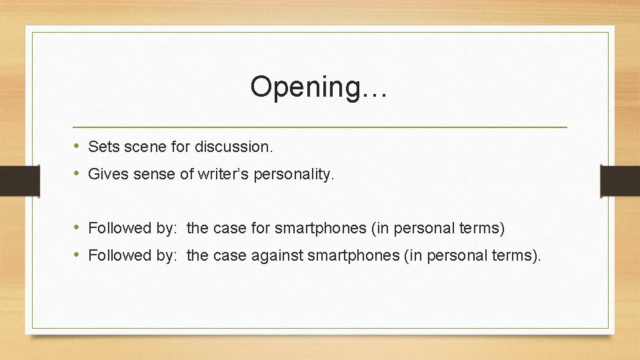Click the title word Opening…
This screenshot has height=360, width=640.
tap(319, 87)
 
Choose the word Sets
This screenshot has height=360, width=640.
tap(101, 146)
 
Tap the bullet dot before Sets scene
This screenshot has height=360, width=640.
tap(77, 146)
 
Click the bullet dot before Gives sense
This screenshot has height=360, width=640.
tap(77, 175)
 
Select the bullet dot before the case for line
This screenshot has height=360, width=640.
tap(77, 228)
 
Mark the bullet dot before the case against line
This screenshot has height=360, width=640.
tap(77, 255)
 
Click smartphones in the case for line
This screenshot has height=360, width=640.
tap(320, 228)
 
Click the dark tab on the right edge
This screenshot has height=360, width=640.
tap(620, 180)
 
